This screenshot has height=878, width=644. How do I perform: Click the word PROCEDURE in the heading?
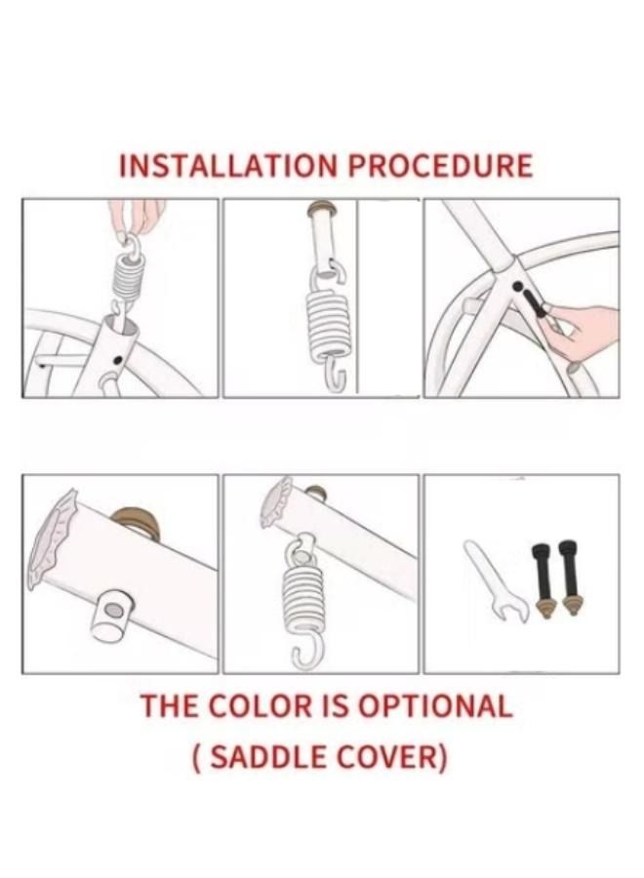[x=440, y=166]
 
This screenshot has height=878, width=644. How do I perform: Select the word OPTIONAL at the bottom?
[x=435, y=705]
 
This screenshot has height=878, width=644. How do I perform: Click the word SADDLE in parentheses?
[x=266, y=757]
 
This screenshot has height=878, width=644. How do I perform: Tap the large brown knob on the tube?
[x=135, y=523]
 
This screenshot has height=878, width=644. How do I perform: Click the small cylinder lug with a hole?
[x=112, y=615]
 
